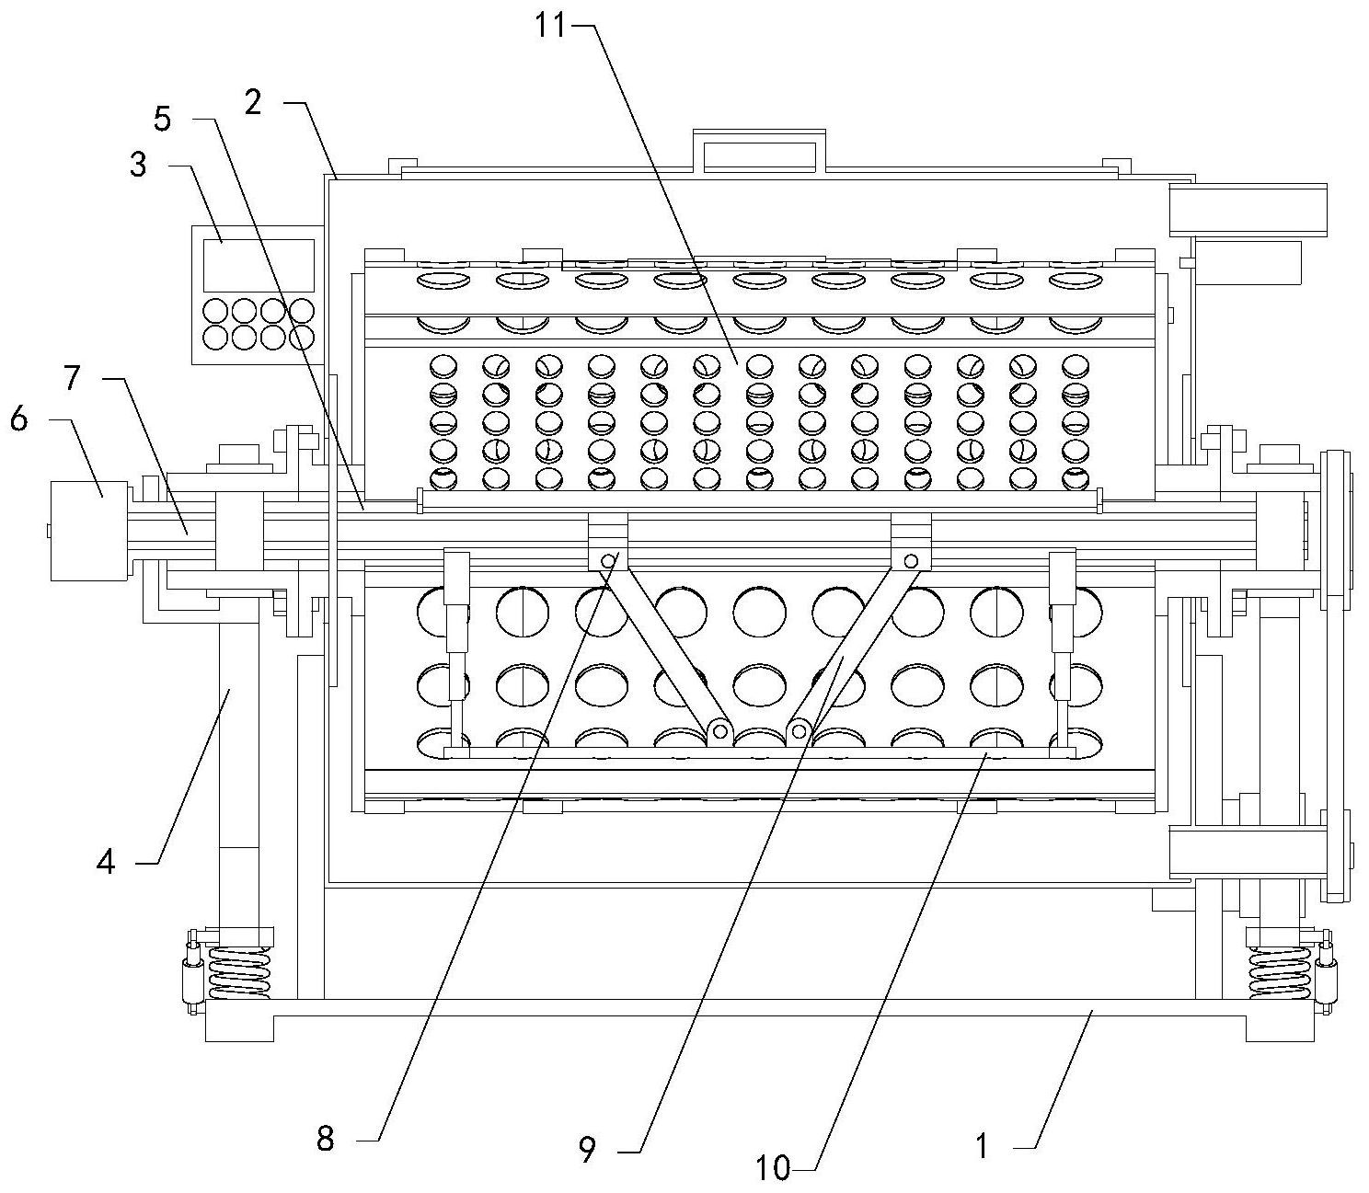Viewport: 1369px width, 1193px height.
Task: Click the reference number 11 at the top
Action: [554, 26]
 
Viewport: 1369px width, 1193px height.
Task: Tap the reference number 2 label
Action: [253, 101]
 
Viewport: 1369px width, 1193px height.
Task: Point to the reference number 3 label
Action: [138, 167]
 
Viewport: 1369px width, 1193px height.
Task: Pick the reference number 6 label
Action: [18, 419]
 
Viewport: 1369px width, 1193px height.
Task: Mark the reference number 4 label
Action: [106, 862]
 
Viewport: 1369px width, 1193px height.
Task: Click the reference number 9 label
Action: [588, 1150]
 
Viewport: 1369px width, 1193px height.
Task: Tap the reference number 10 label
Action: [773, 1168]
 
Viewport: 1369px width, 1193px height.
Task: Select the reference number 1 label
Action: [982, 1147]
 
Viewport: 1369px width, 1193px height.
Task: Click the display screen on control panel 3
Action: [259, 265]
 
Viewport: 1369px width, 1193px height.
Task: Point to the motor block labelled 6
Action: [88, 531]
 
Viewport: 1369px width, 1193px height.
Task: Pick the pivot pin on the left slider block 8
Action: [608, 561]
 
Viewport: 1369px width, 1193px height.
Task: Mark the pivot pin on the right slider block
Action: [911, 561]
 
